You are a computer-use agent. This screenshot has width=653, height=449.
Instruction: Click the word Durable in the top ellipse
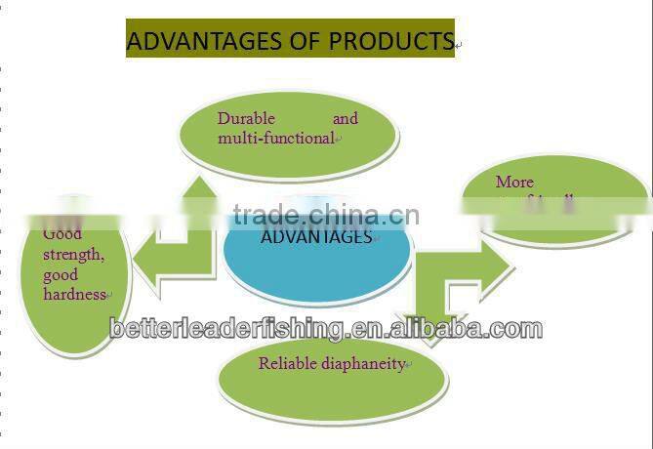pyautogui.click(x=246, y=119)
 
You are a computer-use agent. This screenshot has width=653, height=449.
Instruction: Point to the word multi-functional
pyautogui.click(x=275, y=139)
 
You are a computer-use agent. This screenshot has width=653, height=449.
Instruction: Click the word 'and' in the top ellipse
pyautogui.click(x=346, y=119)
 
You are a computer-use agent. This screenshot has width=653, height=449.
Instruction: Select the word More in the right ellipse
pyautogui.click(x=514, y=183)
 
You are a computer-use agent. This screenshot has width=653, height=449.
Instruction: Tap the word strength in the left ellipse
pyautogui.click(x=73, y=255)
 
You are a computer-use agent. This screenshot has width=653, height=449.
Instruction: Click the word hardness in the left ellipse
pyautogui.click(x=74, y=294)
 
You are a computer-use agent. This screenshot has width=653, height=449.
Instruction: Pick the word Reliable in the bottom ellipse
pyautogui.click(x=287, y=364)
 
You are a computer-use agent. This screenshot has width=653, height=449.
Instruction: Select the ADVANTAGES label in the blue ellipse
pyautogui.click(x=316, y=237)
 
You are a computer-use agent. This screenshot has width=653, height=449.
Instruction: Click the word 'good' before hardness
pyautogui.click(x=61, y=274)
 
